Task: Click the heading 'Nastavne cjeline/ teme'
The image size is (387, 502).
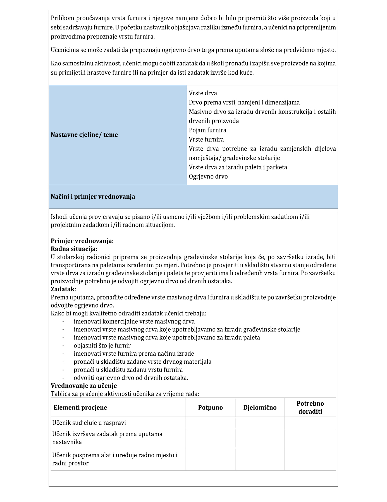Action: pyautogui.click(x=84, y=135)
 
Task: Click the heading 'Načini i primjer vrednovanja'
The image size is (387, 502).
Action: pyautogui.click(x=93, y=197)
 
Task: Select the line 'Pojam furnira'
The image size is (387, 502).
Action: pyautogui.click(x=207, y=130)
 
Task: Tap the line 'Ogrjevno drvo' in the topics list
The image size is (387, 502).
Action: pyautogui.click(x=208, y=177)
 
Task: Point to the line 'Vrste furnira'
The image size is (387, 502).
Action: pyautogui.click(x=206, y=139)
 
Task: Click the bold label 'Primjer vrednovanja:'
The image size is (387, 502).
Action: pyautogui.click(x=82, y=241)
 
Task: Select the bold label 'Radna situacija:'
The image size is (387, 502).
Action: pyautogui.click(x=74, y=249)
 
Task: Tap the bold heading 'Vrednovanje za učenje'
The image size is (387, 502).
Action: pyautogui.click(x=84, y=386)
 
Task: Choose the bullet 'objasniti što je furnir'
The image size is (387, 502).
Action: pyautogui.click(x=102, y=346)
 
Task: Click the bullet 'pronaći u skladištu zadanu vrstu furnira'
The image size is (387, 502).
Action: pyautogui.click(x=128, y=370)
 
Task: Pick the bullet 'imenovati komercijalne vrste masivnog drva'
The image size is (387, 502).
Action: pyautogui.click(x=134, y=322)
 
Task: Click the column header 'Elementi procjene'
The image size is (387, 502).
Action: pyautogui.click(x=80, y=408)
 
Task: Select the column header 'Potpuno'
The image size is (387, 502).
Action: pyautogui.click(x=210, y=408)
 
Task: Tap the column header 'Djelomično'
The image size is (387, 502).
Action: pyautogui.click(x=260, y=408)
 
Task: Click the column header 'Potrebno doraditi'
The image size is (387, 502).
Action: pyautogui.click(x=310, y=408)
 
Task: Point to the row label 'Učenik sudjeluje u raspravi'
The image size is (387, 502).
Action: pyautogui.click(x=89, y=423)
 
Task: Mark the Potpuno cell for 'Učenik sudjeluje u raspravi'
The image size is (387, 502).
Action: pyautogui.click(x=210, y=423)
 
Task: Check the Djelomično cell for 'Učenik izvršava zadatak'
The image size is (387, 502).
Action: pyautogui.click(x=260, y=438)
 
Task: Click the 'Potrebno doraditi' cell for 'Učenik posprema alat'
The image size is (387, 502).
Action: pyautogui.click(x=310, y=459)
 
